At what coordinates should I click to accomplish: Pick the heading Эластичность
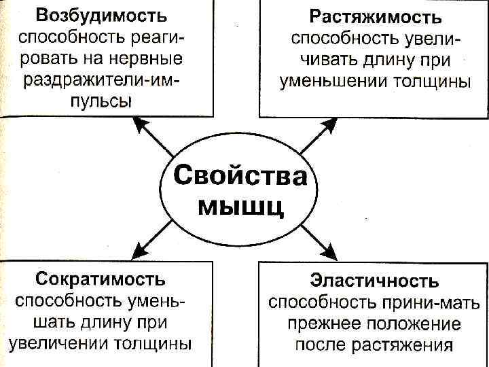[374, 280]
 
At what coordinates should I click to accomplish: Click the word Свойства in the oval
[240, 176]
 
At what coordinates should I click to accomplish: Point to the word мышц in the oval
[240, 205]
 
